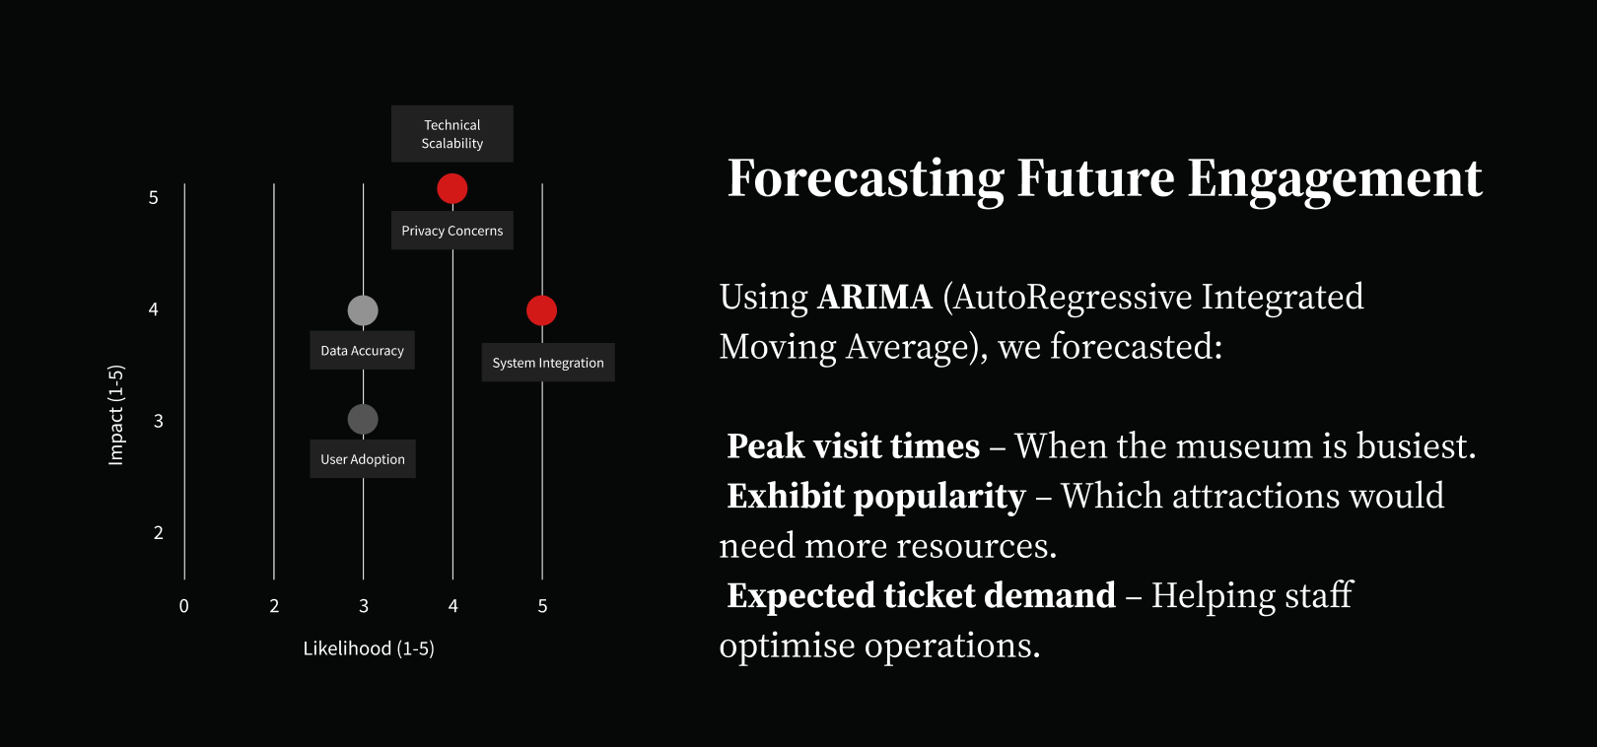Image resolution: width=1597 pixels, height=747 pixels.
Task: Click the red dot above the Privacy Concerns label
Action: pos(452,189)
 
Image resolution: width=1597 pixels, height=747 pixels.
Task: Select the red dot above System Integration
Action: pos(542,310)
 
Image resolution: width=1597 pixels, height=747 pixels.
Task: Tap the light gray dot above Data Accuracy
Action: pos(363,310)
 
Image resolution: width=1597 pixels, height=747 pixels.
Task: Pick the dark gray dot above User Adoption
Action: pos(363,419)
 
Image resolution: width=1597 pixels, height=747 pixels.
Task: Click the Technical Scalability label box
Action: pos(452,134)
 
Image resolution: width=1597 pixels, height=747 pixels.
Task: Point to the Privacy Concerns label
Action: pos(452,231)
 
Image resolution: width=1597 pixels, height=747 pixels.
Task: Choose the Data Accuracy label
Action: pos(362,350)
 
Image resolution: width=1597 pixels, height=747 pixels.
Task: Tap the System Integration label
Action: pos(548,363)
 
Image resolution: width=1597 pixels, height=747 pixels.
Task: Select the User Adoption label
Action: pos(363,459)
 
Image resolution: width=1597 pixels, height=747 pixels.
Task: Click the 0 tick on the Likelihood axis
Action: pos(184,606)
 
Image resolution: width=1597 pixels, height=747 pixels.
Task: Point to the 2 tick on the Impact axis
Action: pos(159,532)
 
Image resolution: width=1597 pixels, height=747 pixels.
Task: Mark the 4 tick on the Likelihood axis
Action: pos(452,606)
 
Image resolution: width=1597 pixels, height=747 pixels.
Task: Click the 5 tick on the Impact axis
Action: pos(153,197)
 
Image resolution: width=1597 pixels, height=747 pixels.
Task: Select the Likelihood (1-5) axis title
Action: pos(369,648)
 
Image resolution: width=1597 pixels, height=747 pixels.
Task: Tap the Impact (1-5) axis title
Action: pos(115,415)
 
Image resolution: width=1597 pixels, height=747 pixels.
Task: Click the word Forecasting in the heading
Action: pos(866,179)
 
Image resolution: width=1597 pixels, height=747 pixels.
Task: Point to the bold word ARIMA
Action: pos(874,298)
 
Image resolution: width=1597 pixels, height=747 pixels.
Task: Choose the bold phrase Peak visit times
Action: pos(854,446)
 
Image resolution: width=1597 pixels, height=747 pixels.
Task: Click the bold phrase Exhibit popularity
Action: pos(876,497)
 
